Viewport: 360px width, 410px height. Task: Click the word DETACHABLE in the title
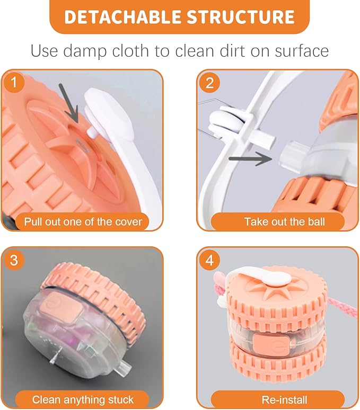123,17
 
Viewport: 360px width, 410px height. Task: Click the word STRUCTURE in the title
241,17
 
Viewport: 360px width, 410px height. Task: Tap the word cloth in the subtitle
130,51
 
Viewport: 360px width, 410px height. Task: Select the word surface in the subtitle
302,51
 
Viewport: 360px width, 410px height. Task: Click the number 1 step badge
14,83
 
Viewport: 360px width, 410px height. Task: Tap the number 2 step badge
210,83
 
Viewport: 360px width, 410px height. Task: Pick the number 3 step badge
14,260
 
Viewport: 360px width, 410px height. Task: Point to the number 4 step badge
210,260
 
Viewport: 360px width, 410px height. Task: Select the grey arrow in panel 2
251,158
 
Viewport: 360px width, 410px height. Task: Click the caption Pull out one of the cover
83,222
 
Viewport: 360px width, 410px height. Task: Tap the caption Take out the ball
285,222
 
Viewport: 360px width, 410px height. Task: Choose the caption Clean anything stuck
83,400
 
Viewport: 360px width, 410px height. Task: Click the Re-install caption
284,400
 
